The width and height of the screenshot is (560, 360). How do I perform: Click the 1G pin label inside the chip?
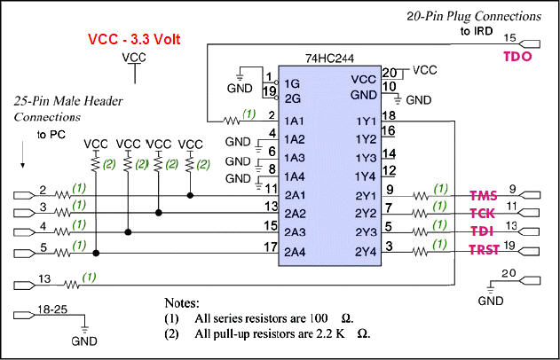291,84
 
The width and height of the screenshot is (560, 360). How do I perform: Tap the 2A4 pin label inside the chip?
296,252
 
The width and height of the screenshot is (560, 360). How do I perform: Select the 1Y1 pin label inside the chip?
365,121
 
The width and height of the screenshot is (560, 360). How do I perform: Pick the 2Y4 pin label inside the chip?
365,252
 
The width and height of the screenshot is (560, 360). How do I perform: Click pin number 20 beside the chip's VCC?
389,73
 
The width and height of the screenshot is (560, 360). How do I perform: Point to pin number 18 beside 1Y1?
389,115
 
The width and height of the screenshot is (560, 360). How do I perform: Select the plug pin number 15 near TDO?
509,37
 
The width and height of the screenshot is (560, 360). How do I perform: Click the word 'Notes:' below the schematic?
185,303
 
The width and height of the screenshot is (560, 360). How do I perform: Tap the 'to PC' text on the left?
51,135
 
